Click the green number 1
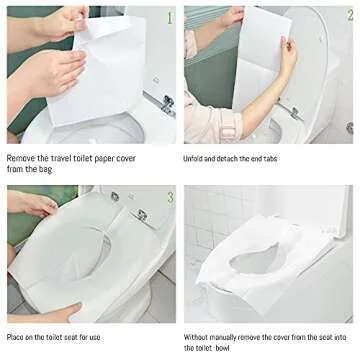point(169,16)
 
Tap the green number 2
point(346,17)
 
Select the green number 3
point(169,197)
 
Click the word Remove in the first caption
point(22,157)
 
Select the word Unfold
point(196,157)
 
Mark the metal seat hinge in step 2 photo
point(295,112)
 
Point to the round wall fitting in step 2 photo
point(349,128)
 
